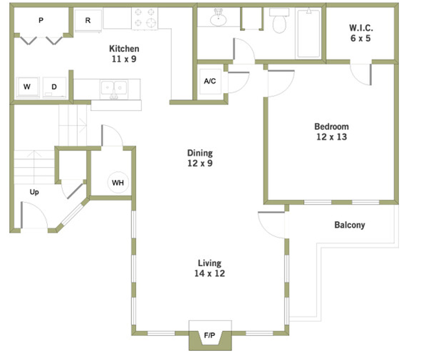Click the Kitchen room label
(124, 53)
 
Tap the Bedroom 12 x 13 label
(332, 132)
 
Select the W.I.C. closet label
(360, 33)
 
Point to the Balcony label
(350, 225)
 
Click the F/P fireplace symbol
(210, 335)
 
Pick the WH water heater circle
(118, 183)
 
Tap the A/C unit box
(210, 81)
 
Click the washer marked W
(28, 87)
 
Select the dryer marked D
(55, 87)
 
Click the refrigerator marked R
(88, 21)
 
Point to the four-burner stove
(145, 18)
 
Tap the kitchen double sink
(114, 89)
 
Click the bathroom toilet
(279, 21)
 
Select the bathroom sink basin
(218, 18)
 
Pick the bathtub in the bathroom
(308, 33)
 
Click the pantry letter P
(41, 21)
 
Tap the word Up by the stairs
(34, 192)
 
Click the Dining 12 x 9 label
(200, 158)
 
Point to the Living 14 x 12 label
(210, 268)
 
